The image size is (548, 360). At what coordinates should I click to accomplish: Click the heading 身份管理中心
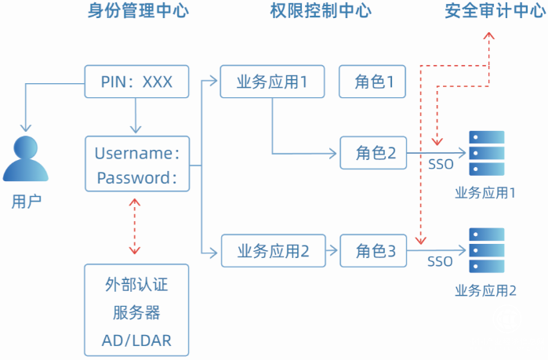click(139, 11)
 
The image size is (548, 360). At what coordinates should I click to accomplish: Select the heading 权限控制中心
click(321, 11)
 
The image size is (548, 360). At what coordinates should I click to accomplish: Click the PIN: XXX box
click(136, 82)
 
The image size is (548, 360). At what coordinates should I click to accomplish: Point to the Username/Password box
click(137, 165)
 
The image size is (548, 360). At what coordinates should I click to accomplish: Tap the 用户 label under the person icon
click(26, 201)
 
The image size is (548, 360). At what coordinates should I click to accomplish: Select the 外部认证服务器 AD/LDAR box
click(137, 311)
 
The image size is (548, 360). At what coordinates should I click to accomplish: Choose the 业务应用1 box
click(272, 82)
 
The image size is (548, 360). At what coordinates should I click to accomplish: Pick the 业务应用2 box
click(272, 251)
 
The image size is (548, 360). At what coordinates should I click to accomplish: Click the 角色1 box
click(373, 82)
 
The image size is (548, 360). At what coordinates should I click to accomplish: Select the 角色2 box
click(373, 153)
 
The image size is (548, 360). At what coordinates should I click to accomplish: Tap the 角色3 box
click(373, 251)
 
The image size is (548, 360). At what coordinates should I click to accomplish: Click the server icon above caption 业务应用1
click(486, 153)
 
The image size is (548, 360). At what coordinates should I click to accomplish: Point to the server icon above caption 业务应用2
click(486, 250)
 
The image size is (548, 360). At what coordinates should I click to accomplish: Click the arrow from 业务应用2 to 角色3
click(332, 251)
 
